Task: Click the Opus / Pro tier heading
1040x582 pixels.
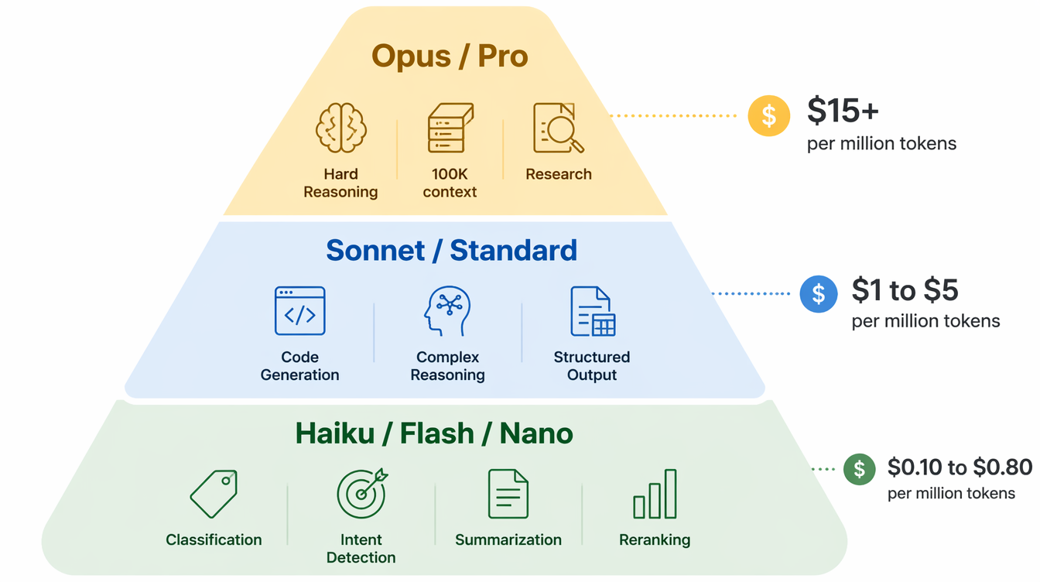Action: point(450,56)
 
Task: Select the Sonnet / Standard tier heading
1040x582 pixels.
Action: point(451,251)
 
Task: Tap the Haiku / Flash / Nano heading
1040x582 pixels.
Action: point(434,433)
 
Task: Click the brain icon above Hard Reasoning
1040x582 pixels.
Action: point(340,128)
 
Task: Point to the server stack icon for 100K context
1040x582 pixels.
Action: point(450,128)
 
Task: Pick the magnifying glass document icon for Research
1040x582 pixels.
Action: point(558,128)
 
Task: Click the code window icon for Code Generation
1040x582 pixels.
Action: point(299,311)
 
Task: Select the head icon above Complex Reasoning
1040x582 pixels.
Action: point(447,311)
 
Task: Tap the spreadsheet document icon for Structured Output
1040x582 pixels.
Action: point(592,311)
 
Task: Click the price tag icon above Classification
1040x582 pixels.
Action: point(214,494)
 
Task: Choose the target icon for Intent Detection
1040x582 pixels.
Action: point(361,494)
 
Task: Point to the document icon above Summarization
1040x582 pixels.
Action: point(508,494)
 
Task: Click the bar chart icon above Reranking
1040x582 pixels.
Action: point(655,494)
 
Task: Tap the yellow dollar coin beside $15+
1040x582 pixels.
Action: point(768,115)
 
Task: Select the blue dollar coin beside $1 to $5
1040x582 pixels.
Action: point(819,294)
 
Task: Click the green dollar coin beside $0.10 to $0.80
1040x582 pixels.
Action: point(859,469)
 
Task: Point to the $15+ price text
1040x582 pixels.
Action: point(843,111)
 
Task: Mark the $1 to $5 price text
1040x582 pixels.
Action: point(905,290)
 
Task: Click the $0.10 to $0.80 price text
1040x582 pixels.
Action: point(960,467)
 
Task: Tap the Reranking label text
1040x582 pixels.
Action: point(655,540)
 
